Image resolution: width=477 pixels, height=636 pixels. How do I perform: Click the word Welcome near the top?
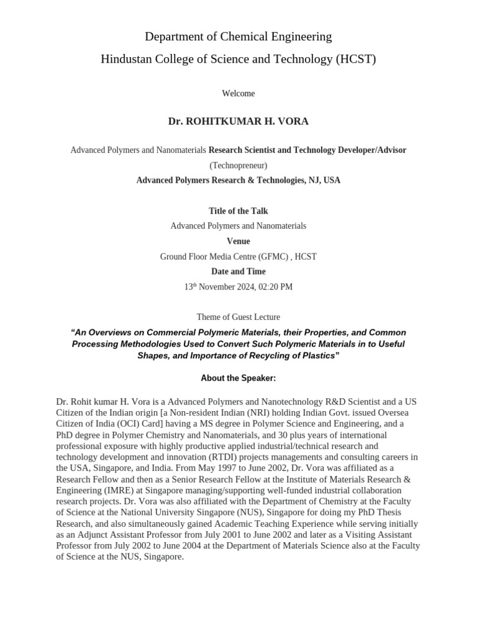click(x=238, y=94)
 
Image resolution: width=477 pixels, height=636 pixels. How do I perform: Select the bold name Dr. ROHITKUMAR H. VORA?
click(x=238, y=121)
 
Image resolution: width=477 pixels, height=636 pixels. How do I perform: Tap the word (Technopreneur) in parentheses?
click(x=238, y=165)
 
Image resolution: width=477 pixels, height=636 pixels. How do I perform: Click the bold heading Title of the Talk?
click(x=238, y=211)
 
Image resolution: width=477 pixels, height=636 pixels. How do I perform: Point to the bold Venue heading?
click(x=238, y=241)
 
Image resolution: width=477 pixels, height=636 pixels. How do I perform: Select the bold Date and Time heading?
click(x=238, y=271)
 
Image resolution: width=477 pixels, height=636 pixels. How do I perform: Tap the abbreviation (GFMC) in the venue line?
click(x=269, y=257)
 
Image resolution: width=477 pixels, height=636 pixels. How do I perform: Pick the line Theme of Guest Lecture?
click(x=238, y=317)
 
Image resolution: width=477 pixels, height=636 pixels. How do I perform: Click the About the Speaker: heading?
click(x=238, y=378)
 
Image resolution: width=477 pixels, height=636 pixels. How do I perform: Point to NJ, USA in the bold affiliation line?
click(x=323, y=181)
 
